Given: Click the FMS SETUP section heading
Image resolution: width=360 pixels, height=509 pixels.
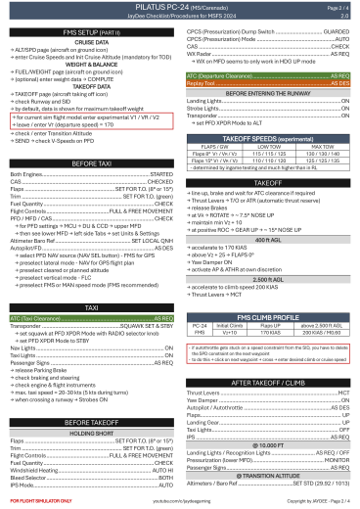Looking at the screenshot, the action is click(90, 32).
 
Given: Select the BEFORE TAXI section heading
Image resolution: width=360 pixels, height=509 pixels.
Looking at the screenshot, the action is click(90, 162).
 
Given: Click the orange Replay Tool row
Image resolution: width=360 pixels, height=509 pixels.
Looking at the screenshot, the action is click(268, 85).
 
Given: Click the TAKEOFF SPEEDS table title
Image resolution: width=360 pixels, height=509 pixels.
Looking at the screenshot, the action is click(268, 140).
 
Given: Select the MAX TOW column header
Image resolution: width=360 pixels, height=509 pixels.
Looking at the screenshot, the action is click(321, 148).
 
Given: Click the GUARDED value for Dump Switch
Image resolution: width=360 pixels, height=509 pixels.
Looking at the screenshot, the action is click(336, 32).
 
